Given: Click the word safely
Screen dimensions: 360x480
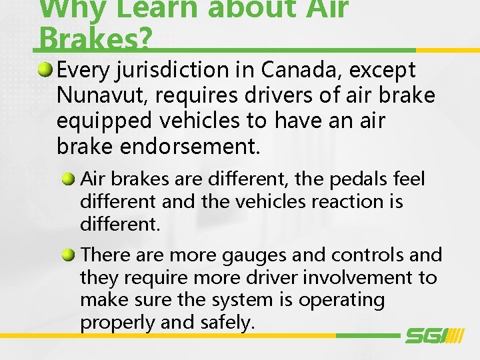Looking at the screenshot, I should (227, 323).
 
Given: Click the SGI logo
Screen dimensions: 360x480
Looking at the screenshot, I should (433, 335).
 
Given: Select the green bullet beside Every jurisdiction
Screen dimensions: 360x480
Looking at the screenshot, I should (46, 69).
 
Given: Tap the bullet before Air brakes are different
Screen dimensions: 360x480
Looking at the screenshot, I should (69, 179).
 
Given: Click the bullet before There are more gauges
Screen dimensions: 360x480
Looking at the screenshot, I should (69, 254).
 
